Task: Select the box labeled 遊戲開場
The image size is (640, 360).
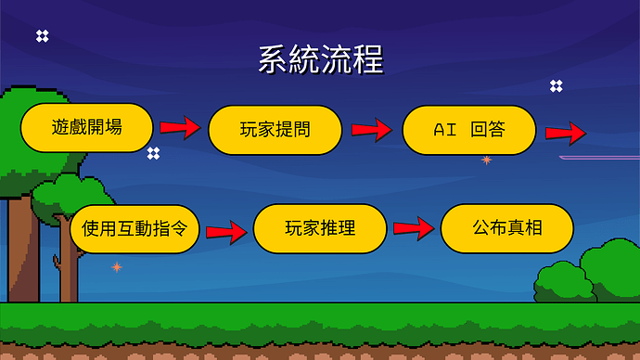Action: [87, 126]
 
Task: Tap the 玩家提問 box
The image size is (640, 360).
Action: [275, 130]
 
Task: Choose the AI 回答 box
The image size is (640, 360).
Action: [469, 130]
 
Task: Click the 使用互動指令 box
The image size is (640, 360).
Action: [135, 228]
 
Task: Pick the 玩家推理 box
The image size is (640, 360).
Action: [320, 228]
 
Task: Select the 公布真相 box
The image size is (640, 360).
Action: [506, 228]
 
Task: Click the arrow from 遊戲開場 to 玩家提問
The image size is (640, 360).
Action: [180, 127]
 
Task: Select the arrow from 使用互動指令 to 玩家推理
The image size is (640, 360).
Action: [227, 229]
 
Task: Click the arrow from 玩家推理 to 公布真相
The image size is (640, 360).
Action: [414, 227]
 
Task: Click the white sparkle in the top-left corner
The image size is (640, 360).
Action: [42, 36]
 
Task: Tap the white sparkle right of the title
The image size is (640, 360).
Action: [556, 85]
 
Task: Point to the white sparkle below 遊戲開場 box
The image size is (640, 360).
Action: [153, 153]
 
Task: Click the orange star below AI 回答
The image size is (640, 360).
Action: [486, 161]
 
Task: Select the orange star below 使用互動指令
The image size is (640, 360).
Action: [117, 267]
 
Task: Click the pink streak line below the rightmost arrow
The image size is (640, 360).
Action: [598, 158]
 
